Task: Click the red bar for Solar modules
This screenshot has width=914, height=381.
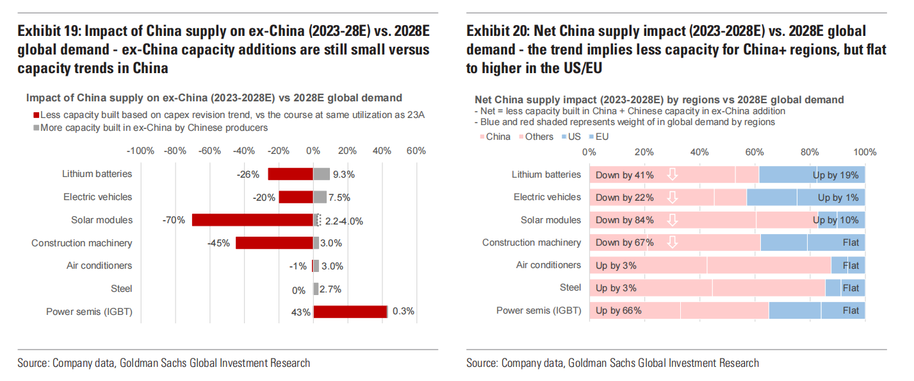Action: [252, 220]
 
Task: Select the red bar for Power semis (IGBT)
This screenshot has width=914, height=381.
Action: [350, 312]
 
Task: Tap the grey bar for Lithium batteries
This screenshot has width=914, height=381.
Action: [322, 174]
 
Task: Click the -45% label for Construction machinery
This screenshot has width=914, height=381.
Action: [218, 243]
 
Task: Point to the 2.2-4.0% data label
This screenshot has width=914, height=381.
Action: [344, 221]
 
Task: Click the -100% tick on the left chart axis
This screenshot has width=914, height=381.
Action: [140, 151]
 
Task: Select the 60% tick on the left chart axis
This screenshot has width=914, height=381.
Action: [416, 151]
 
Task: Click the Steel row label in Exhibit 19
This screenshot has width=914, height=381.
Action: [121, 289]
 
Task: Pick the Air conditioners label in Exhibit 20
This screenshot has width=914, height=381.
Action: [548, 265]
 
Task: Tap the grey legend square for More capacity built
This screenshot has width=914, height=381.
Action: [36, 128]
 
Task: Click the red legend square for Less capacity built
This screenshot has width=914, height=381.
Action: [36, 115]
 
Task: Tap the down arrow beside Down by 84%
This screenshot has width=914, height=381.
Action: [672, 220]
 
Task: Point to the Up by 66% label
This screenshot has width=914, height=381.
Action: [618, 310]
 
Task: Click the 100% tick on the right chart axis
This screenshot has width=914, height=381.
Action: [865, 152]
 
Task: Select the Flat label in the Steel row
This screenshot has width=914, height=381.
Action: [851, 288]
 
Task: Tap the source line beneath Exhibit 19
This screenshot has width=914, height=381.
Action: [164, 363]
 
